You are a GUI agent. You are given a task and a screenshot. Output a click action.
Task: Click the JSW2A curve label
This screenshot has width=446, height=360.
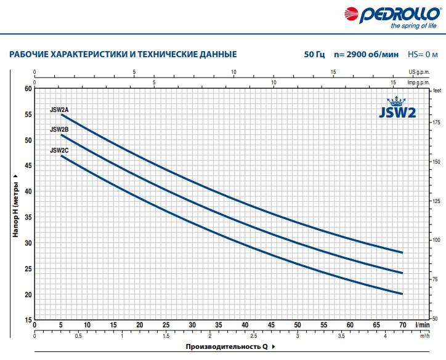tap(59, 110)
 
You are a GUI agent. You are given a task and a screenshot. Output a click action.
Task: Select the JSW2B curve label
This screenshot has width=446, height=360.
tap(59, 130)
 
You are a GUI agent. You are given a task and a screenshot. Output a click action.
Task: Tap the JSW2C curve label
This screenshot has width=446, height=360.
tap(59, 151)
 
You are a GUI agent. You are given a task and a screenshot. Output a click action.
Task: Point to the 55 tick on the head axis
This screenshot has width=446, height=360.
tap(28, 114)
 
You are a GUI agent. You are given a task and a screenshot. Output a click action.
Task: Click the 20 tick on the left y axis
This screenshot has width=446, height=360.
tap(28, 295)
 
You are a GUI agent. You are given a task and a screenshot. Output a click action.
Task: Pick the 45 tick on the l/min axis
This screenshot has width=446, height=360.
tap(271, 325)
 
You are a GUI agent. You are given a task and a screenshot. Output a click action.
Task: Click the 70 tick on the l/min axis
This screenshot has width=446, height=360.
tap(402, 325)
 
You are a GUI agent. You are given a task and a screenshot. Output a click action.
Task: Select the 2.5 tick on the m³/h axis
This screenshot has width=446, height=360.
tap(253, 336)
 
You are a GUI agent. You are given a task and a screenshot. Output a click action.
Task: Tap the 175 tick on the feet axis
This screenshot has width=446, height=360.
tap(436, 122)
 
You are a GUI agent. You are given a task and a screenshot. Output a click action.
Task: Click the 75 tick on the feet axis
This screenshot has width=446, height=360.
tap(435, 279)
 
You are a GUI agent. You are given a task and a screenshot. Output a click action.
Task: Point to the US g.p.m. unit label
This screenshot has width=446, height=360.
tap(419, 72)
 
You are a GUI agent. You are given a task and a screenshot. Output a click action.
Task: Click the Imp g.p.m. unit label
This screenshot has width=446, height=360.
tap(418, 82)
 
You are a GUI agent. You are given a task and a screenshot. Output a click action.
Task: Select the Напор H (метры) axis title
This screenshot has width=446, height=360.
tap(15, 206)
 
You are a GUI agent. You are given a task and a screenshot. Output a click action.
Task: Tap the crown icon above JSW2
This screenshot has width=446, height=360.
tap(396, 101)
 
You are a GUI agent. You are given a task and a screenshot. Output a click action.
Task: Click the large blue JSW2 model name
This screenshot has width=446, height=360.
tap(397, 113)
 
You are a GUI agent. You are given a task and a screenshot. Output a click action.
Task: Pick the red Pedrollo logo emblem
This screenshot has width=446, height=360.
tap(351, 14)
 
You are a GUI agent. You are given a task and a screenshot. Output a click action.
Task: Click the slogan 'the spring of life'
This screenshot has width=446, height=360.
tap(413, 26)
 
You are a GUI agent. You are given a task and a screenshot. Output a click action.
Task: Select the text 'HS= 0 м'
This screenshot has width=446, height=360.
tap(423, 54)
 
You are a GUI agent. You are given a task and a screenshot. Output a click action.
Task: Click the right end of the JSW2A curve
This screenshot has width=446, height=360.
tap(402, 252)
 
